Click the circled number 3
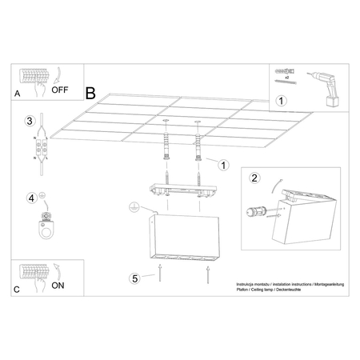point(29,121)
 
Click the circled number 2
point(254,178)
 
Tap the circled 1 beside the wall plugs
point(223,166)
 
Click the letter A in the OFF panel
point(18,94)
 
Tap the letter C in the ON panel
point(18,289)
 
